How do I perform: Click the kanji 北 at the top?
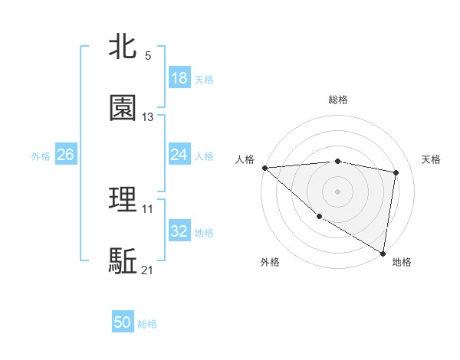pos(123,47)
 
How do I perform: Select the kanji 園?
pos(123,108)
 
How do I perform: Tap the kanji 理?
pos(123,200)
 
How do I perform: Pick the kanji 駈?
pos(123,261)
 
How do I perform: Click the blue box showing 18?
pos(179,78)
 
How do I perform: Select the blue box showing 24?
pos(179,155)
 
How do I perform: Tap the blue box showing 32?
pos(179,231)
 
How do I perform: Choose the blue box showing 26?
pos(65,155)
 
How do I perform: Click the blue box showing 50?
pos(123,322)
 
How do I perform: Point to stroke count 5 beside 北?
pos(148,56)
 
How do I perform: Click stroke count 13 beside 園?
pos(148,117)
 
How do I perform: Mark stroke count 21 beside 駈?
pos(148,270)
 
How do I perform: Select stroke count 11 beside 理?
pos(148,209)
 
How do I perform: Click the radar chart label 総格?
pos(338,100)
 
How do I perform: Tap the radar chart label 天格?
pos(431,159)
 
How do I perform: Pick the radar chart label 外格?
pos(270,262)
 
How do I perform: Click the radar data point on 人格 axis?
pos(264,168)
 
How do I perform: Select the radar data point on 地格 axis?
pos(383,253)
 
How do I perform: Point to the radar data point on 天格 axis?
pos(396,172)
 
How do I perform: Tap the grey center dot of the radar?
pos(338,191)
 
